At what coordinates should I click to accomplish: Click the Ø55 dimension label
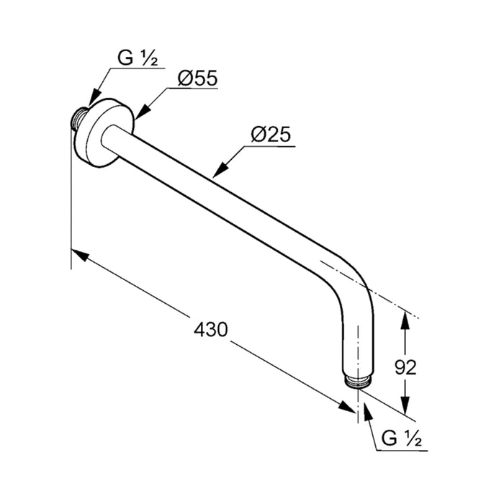(197, 78)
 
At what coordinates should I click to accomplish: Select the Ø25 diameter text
(271, 135)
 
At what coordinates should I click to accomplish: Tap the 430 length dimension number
(210, 330)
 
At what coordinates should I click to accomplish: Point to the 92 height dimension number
(405, 367)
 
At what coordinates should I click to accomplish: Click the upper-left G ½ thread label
(138, 58)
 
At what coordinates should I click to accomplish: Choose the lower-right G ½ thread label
(402, 438)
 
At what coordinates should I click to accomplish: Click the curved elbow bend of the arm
(357, 283)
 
